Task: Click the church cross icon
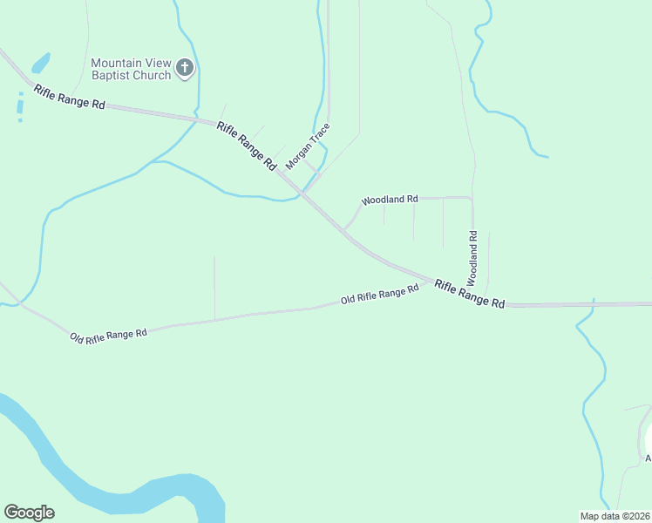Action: coord(184,67)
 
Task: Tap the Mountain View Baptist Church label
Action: coord(132,68)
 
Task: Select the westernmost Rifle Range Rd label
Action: coord(69,97)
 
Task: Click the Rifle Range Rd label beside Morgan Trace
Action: coord(247,146)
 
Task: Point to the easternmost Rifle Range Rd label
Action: coord(470,294)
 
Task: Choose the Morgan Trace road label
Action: coord(309,146)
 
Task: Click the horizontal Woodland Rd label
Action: coord(390,200)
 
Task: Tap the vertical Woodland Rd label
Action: coord(472,258)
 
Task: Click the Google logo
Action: coord(29,513)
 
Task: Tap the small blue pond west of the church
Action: coord(40,64)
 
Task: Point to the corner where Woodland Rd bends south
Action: coord(472,199)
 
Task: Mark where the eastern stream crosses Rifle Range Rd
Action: coord(593,305)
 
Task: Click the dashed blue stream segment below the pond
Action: coord(19,107)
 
